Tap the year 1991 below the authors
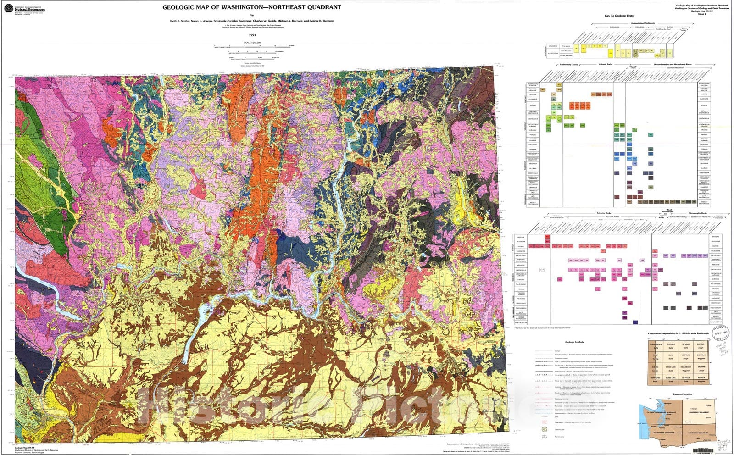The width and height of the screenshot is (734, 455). [x=252, y=35]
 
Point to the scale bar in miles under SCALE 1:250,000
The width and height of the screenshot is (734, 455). [x=252, y=46]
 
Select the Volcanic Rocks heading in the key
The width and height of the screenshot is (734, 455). [x=605, y=65]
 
